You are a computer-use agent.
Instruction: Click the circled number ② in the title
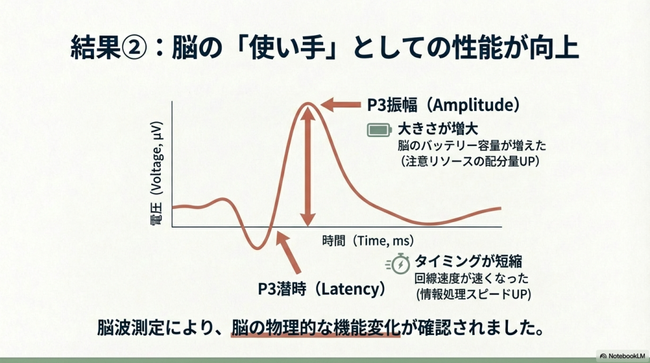click(x=134, y=48)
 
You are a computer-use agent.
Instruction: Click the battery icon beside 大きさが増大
click(x=380, y=130)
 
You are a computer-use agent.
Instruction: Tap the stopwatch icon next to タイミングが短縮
click(x=398, y=263)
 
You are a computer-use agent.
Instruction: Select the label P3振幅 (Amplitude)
click(x=443, y=105)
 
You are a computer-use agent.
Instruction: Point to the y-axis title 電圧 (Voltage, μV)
click(x=156, y=173)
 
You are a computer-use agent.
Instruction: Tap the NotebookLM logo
click(x=623, y=356)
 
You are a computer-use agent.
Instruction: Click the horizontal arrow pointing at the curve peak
click(x=340, y=105)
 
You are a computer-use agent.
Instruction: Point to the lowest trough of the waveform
click(x=258, y=248)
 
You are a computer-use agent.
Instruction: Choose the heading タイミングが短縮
click(x=468, y=261)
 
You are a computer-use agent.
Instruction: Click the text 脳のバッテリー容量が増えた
click(x=472, y=146)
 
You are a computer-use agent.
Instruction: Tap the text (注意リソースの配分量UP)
click(x=470, y=161)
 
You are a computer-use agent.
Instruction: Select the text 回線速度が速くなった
click(x=472, y=278)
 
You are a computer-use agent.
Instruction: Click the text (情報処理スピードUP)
click(x=474, y=294)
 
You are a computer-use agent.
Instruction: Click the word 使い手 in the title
click(x=288, y=48)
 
